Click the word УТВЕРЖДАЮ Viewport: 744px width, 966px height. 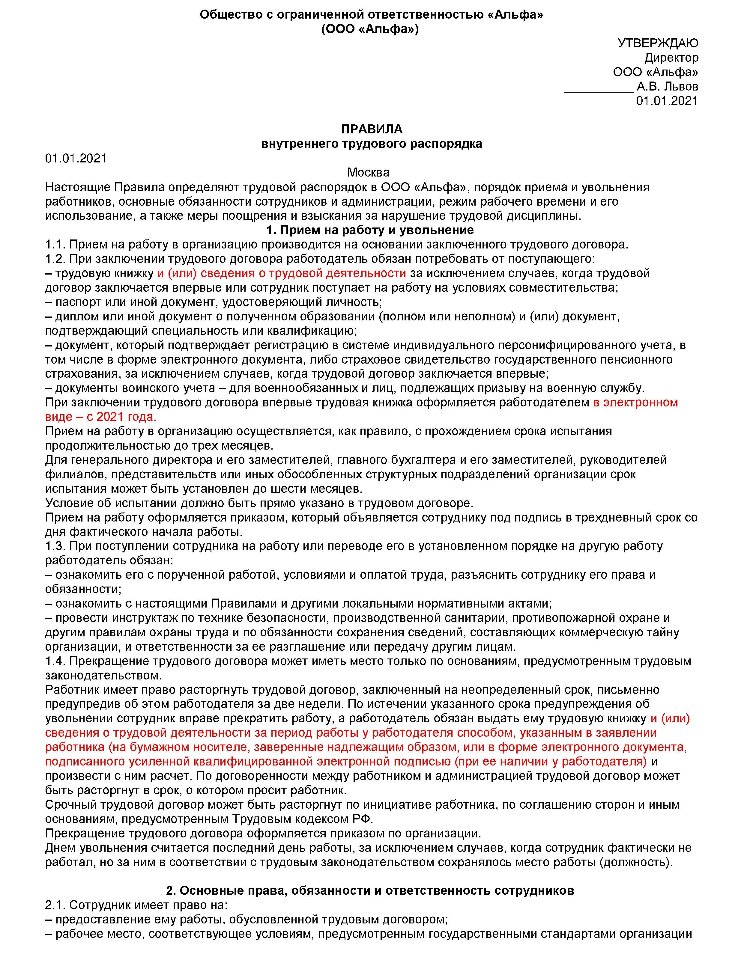click(658, 43)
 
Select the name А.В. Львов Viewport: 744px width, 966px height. click(668, 86)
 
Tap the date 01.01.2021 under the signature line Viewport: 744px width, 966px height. click(667, 101)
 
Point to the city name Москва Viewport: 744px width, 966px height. click(368, 172)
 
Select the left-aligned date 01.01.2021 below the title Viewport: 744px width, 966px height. click(76, 158)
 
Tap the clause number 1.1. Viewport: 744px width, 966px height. click(55, 245)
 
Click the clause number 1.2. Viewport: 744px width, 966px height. click(55, 259)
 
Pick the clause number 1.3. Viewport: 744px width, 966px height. click(55, 546)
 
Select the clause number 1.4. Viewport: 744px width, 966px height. click(55, 661)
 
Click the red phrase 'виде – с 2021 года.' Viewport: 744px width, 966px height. click(101, 417)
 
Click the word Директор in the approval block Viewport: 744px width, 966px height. click(671, 58)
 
